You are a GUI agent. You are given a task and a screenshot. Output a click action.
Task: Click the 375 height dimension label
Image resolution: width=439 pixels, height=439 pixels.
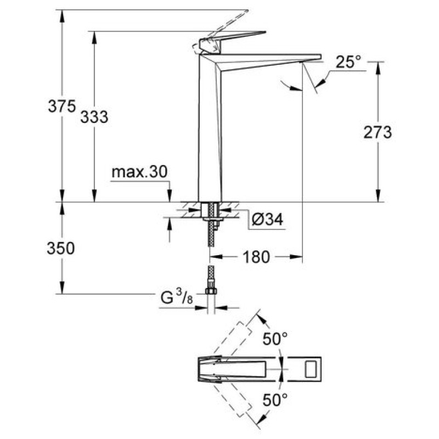62,106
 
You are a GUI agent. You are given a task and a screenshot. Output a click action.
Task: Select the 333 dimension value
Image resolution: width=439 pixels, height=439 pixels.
94,117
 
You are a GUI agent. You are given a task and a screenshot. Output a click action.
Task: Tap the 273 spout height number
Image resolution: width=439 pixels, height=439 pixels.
378,132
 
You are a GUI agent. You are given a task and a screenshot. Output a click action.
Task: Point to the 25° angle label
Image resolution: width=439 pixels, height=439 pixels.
348,61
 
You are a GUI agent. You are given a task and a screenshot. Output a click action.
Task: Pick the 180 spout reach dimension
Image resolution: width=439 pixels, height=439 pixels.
256,257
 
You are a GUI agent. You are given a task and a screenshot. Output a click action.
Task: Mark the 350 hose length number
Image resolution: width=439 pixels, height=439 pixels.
61,249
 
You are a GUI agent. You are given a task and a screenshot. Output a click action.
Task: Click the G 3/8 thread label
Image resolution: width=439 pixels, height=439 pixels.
177,297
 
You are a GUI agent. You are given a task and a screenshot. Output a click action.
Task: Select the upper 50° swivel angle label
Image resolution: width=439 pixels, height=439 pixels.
275,339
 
